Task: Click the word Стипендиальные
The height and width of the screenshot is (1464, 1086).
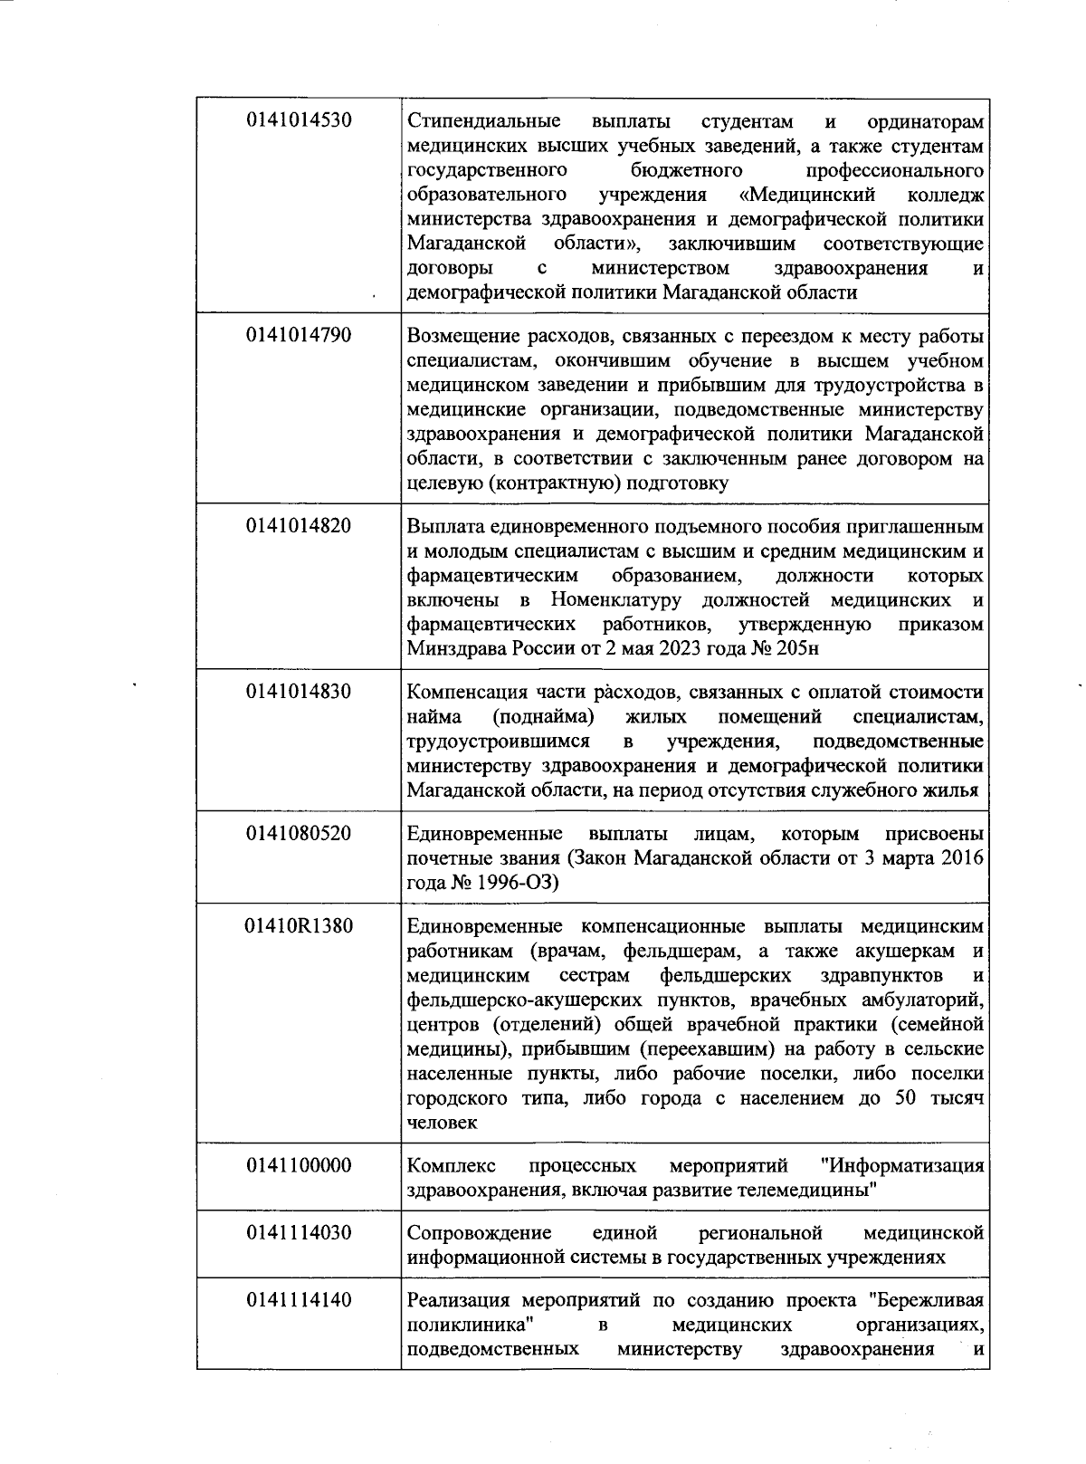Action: [x=484, y=121]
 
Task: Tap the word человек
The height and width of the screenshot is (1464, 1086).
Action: [x=442, y=1123]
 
